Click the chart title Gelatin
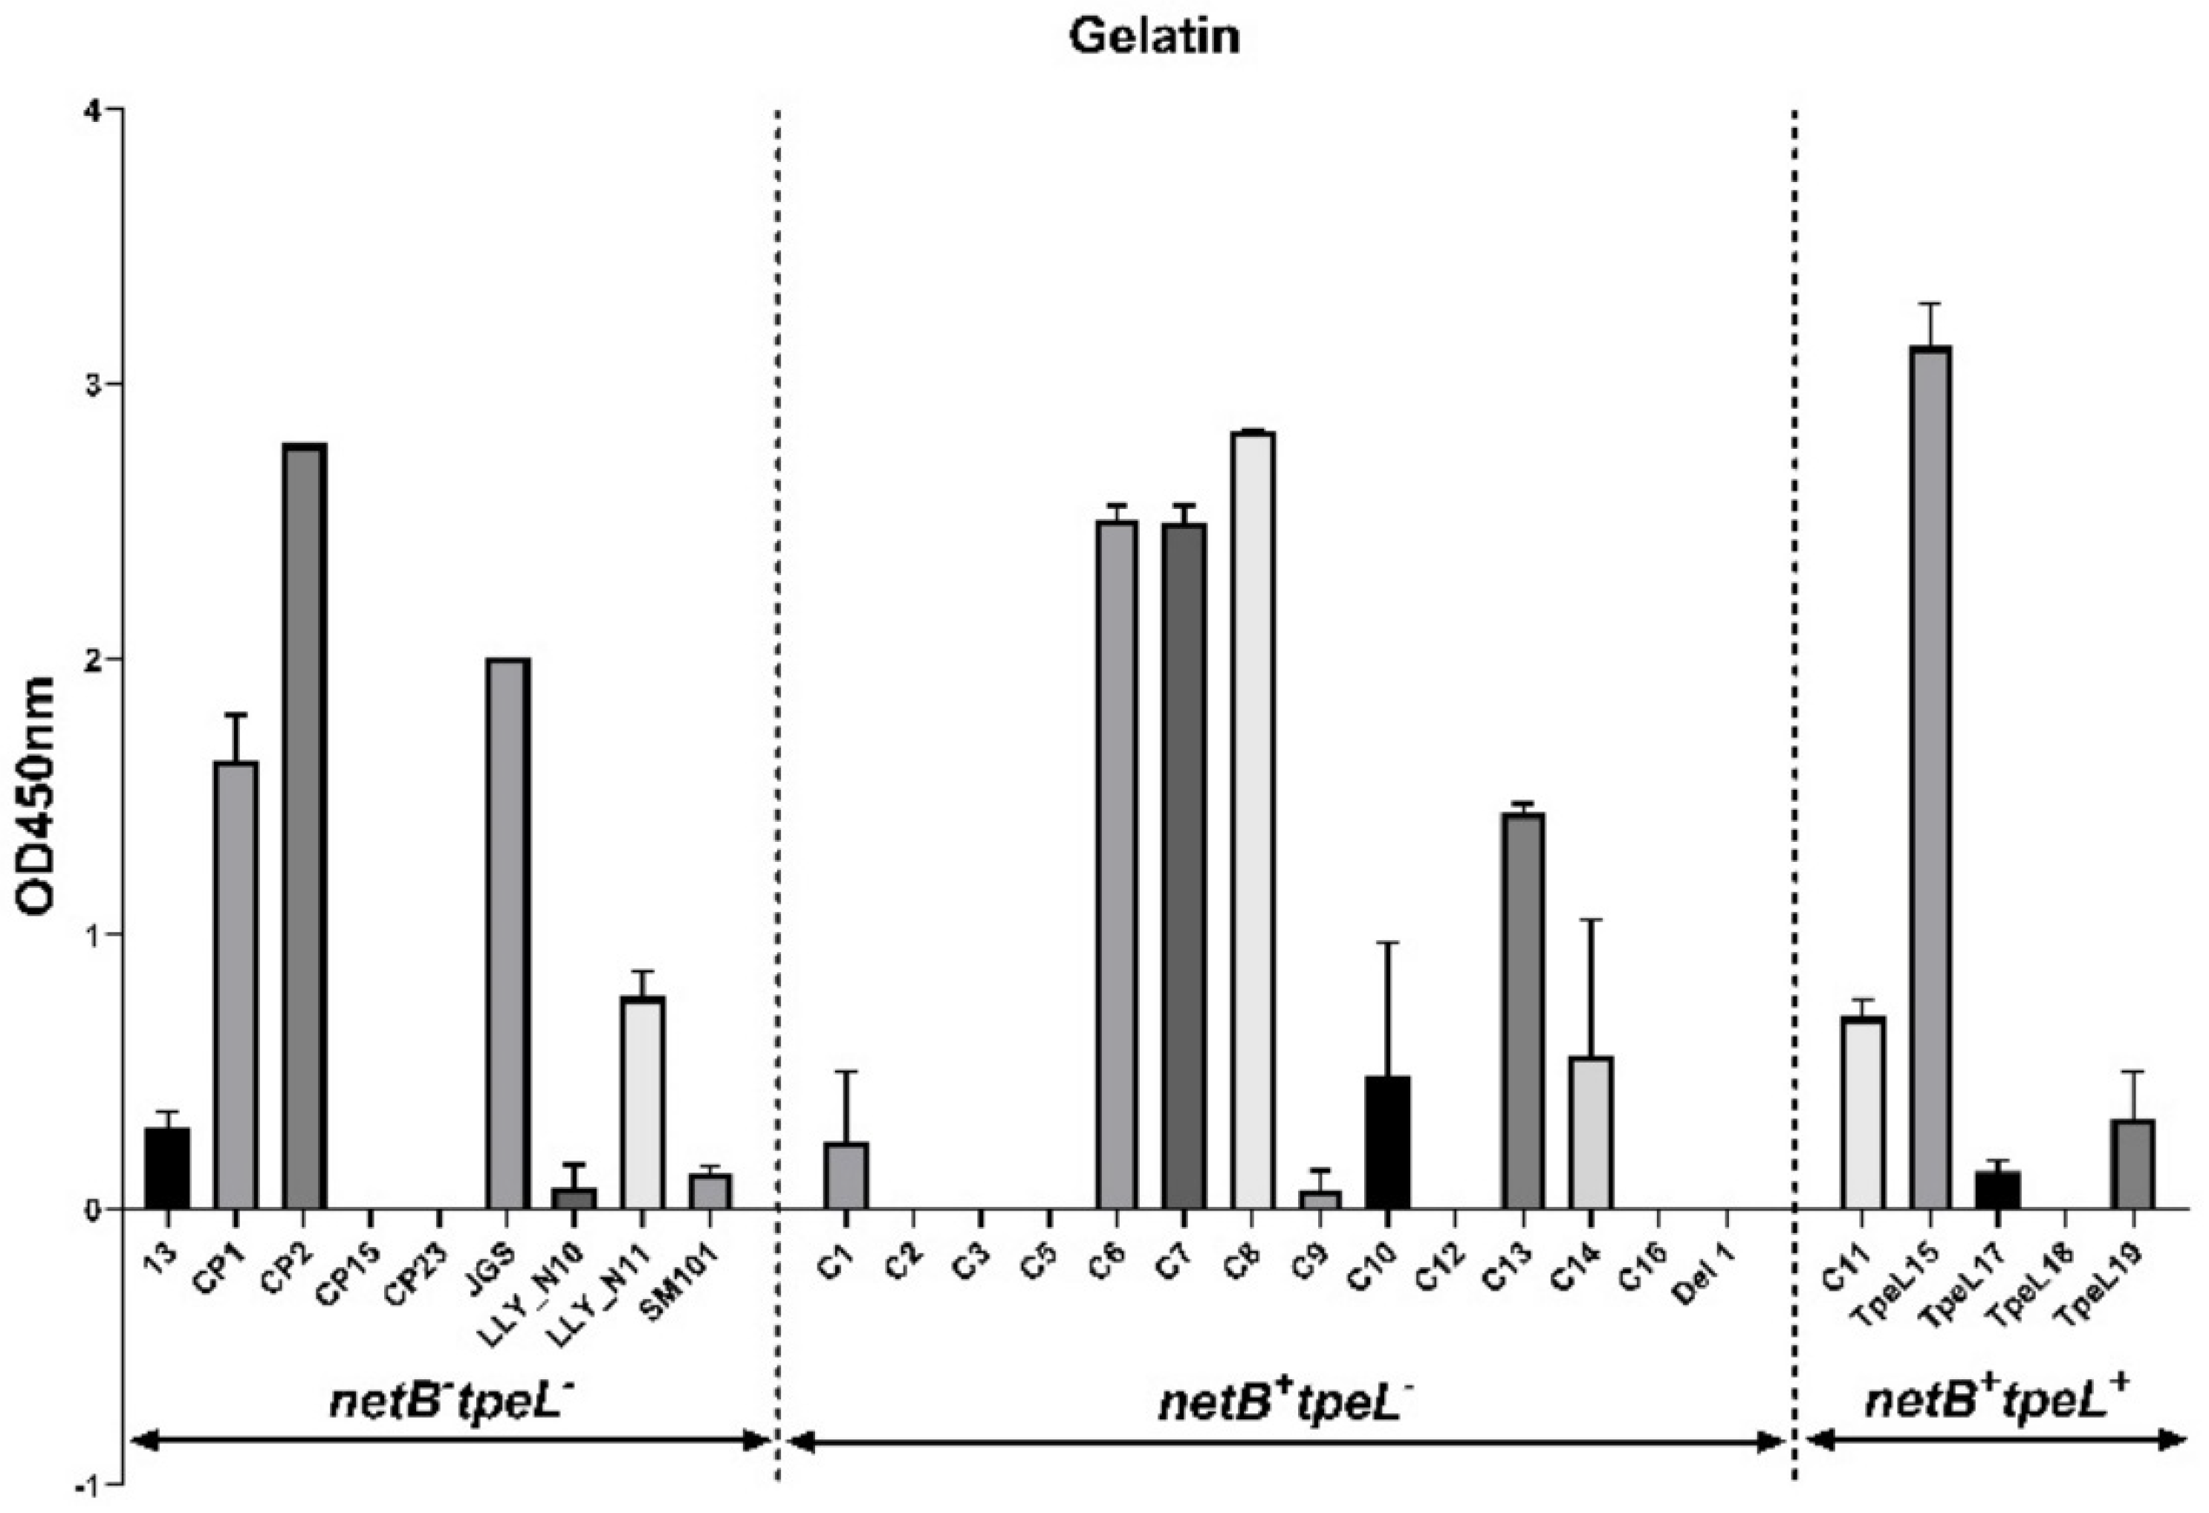pos(1154,36)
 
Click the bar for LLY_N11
pos(643,1103)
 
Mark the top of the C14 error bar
pos(1591,920)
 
